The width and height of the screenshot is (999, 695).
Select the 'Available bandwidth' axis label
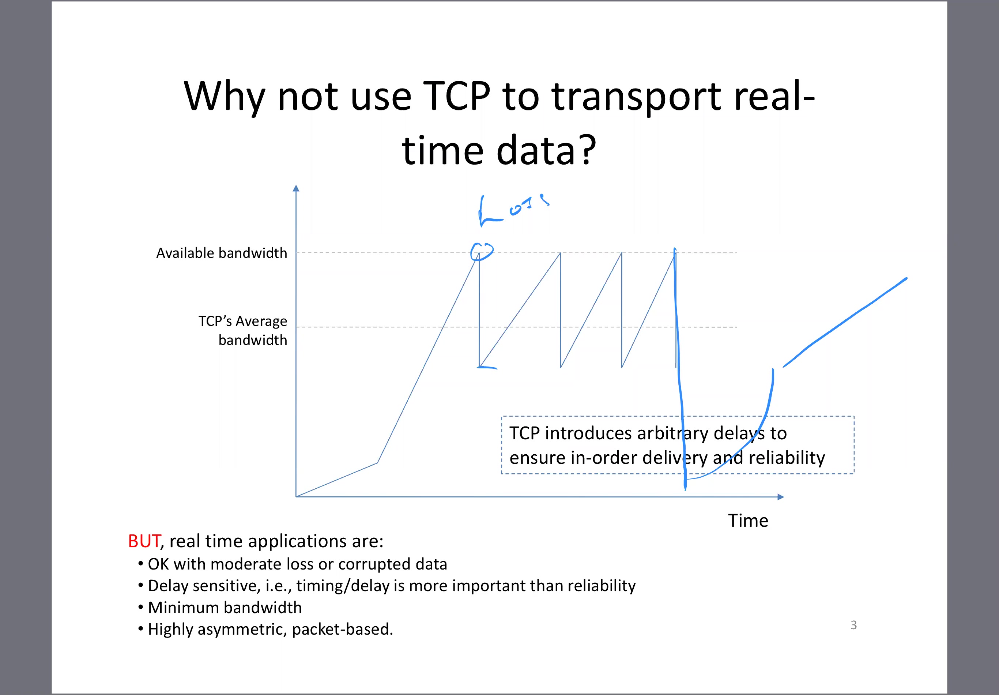click(222, 253)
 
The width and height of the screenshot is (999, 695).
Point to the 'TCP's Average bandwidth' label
click(243, 330)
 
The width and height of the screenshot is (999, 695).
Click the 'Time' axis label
click(748, 521)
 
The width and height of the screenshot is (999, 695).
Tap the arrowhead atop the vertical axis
click(296, 188)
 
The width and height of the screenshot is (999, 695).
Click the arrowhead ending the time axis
click(781, 496)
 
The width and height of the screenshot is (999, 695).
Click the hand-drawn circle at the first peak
click(482, 251)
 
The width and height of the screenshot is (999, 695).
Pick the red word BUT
click(144, 541)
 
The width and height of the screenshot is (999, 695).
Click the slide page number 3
click(854, 625)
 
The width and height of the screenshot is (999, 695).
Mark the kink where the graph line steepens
click(377, 463)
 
